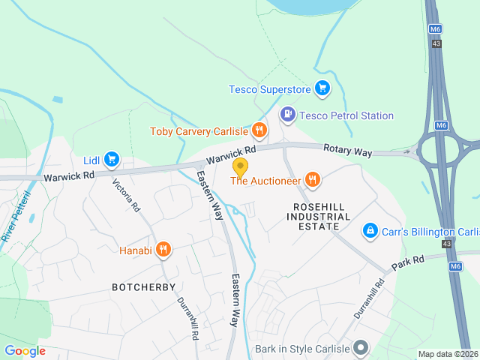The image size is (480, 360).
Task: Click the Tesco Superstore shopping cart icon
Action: click(x=322, y=89)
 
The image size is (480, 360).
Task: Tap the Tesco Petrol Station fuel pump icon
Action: click(x=286, y=115)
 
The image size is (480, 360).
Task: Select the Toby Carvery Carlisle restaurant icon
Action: click(x=259, y=131)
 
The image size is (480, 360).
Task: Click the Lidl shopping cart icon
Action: click(x=112, y=159)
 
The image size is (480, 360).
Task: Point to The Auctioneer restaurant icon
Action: click(x=313, y=179)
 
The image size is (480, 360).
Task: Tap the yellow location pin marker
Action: click(x=240, y=166)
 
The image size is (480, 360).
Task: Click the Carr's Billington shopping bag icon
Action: click(x=369, y=230)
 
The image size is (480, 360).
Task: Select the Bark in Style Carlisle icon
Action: click(x=361, y=348)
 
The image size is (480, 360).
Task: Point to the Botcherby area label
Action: click(x=143, y=287)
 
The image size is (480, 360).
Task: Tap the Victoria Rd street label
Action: click(x=126, y=193)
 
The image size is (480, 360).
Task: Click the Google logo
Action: click(x=25, y=351)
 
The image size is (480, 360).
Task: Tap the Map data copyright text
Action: click(x=447, y=355)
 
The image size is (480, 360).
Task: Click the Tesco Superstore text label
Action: click(x=269, y=90)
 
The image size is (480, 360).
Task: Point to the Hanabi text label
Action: click(x=136, y=250)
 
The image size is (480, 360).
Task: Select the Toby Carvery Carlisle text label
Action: click(x=199, y=131)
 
